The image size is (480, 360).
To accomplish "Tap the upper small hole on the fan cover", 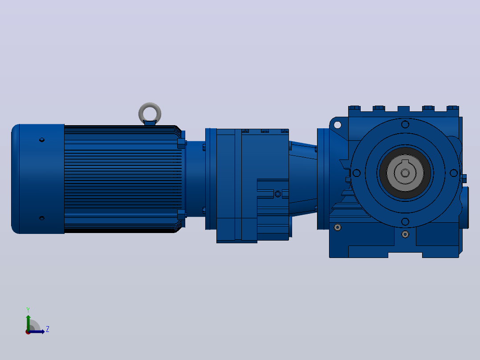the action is [x=42, y=140].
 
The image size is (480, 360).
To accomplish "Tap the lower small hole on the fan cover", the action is [x=42, y=218].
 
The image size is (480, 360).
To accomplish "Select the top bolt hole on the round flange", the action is [x=405, y=124].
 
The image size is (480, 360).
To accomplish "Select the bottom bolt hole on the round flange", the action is [x=405, y=221].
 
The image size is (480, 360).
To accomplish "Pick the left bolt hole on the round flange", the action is [x=357, y=173].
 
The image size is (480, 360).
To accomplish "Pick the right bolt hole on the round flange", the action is [x=454, y=173].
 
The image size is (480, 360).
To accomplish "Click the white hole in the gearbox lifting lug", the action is [x=338, y=125].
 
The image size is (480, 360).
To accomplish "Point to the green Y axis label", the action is [x=28, y=310].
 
